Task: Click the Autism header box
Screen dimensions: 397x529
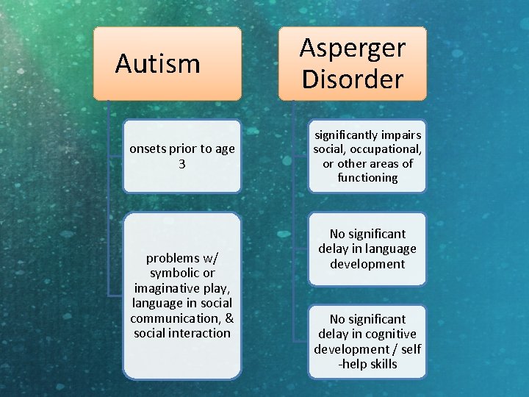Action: click(x=167, y=64)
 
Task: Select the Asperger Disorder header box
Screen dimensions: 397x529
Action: click(x=352, y=63)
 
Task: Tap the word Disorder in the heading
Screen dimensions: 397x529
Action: click(x=352, y=79)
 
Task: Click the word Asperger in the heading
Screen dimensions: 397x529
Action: click(x=352, y=49)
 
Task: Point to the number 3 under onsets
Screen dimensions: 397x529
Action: click(x=182, y=163)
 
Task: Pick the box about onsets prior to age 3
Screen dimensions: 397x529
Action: click(x=181, y=156)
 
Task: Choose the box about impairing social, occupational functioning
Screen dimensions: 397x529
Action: click(x=367, y=156)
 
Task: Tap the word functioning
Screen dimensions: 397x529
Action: click(x=367, y=178)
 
